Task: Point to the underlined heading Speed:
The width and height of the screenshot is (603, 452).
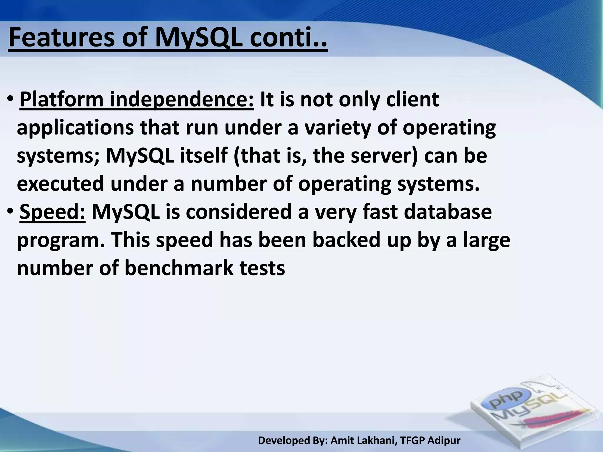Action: pos(52,212)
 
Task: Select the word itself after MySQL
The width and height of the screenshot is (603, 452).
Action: pos(203,156)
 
